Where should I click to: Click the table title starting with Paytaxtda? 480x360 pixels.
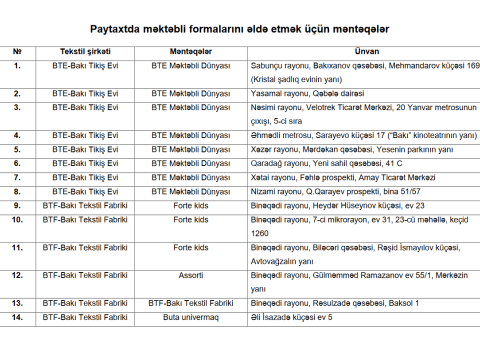[x=239, y=29]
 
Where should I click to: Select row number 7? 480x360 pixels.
[x=17, y=177]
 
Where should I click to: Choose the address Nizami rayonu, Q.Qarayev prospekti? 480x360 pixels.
[x=322, y=191]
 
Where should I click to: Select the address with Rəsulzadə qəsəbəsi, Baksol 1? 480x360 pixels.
[x=320, y=302]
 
